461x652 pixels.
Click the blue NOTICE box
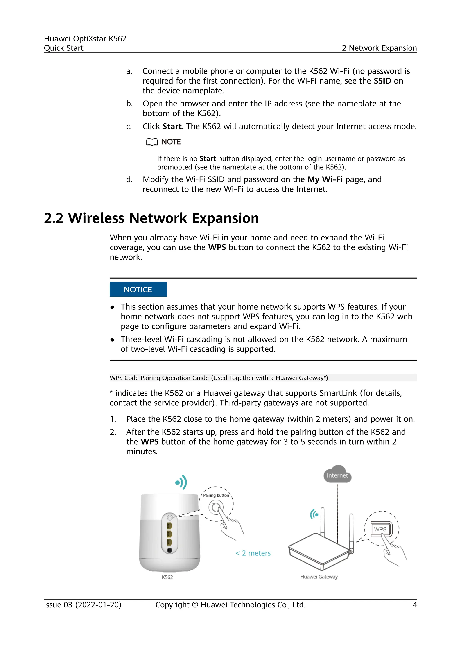coord(138,289)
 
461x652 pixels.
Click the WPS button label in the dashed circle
coord(380,529)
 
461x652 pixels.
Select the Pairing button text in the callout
coord(216,495)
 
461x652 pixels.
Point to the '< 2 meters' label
coord(253,553)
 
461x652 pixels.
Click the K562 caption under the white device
coord(167,577)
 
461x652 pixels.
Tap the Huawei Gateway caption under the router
coord(319,576)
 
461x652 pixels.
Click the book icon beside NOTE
coord(152,142)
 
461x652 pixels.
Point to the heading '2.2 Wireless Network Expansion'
coord(151,218)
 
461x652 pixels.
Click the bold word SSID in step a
coord(382,81)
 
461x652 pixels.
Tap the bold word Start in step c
coord(172,126)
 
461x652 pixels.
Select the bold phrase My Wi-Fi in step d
coord(325,179)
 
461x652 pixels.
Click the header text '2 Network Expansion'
coord(379,48)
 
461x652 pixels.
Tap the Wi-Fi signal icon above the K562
coord(181,482)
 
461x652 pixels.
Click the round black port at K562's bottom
coord(170,550)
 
